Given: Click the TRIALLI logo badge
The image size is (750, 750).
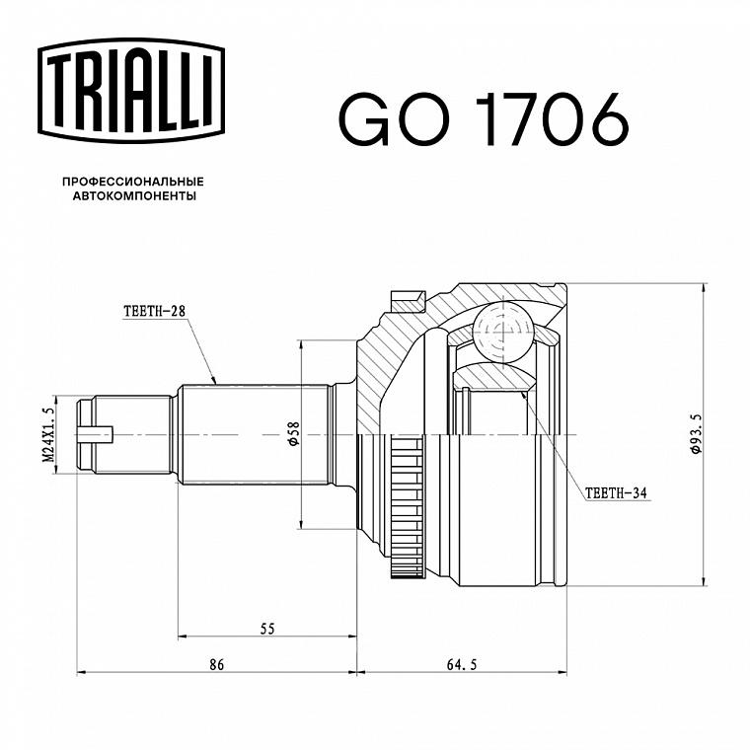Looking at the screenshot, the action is [x=131, y=91].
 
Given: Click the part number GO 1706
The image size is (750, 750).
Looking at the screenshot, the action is [x=484, y=119].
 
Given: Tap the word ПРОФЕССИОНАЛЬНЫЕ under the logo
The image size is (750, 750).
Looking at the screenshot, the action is [x=133, y=182].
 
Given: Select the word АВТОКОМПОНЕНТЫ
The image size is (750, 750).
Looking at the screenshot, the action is [x=134, y=196].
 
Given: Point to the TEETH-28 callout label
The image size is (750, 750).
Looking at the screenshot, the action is [x=154, y=312].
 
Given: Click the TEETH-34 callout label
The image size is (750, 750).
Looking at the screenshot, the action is [x=616, y=493].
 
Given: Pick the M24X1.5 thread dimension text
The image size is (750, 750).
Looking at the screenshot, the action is [x=48, y=434].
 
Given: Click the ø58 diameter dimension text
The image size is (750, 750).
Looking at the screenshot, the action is [x=293, y=434].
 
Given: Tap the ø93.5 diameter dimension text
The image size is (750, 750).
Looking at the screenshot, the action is [x=696, y=434].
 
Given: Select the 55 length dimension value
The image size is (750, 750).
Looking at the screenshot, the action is [x=267, y=629].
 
